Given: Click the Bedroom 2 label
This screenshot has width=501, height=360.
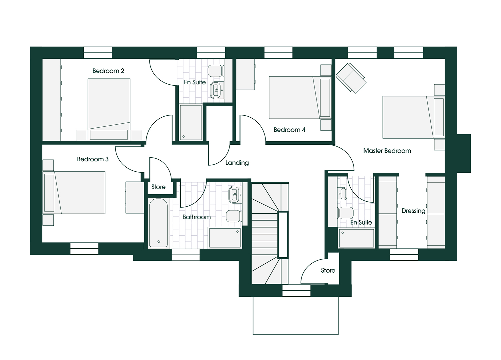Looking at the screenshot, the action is [108, 71].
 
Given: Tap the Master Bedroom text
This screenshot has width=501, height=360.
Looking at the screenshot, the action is [387, 151].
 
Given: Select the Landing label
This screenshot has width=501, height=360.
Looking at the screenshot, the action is [237, 163].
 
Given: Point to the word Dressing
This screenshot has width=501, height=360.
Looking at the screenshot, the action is [413, 211].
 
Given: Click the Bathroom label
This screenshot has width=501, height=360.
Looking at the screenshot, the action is [196, 217].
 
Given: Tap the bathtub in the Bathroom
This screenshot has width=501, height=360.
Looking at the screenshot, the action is [158, 223].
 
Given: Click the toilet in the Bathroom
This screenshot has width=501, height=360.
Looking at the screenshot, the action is [234, 216].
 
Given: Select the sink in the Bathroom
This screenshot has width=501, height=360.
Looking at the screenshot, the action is [235, 195].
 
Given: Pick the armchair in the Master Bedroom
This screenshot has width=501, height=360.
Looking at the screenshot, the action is [351, 78].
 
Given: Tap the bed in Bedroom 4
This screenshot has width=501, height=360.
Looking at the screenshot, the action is [300, 98].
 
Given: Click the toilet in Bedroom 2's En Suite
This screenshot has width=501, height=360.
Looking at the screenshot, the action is [216, 71].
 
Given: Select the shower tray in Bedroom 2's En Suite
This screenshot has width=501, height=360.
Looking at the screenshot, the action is [191, 123].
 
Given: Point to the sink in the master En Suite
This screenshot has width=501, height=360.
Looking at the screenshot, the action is [342, 193].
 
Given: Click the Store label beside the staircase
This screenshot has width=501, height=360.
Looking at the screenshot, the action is [328, 270].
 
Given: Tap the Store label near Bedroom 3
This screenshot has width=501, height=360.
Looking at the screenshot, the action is [158, 187].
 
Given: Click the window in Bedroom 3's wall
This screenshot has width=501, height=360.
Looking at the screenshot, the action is [84, 248].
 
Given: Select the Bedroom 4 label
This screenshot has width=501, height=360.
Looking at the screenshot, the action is [290, 130].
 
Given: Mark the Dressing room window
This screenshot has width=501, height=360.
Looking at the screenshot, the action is [404, 255].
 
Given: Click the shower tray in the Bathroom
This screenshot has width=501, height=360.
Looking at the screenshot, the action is [225, 238].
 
